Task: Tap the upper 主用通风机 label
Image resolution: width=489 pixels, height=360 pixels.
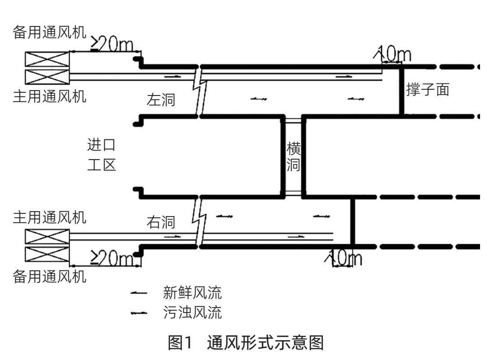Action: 49,96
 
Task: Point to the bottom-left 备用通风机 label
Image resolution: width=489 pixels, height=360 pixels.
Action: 49,277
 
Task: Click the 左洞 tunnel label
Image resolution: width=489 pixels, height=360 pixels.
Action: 161,100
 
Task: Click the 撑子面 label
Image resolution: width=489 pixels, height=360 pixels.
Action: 428,89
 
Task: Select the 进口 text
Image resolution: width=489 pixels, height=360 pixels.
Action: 101,145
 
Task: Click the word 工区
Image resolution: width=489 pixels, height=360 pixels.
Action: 101,165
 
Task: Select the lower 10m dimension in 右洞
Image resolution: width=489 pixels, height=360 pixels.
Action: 345,259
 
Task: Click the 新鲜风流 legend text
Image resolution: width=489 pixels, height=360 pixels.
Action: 192,293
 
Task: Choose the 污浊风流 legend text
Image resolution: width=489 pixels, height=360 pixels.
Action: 192,312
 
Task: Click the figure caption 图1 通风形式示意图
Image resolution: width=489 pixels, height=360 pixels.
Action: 245,343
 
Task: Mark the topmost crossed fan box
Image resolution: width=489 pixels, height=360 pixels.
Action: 47,59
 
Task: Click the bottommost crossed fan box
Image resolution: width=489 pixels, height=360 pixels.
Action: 47,254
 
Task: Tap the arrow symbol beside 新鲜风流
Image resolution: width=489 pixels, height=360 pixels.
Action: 139,294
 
